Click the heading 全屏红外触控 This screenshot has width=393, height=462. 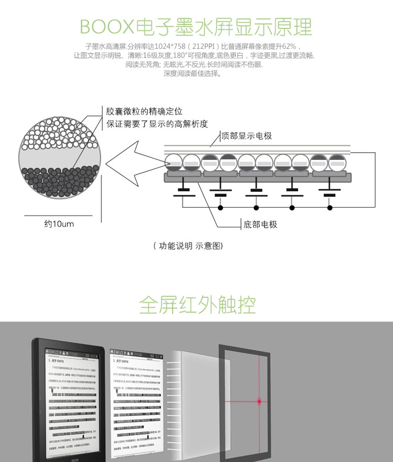coord(197,304)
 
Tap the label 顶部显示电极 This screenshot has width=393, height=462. coord(247,136)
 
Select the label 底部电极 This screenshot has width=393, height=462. coord(260,224)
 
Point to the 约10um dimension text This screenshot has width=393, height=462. coord(59,224)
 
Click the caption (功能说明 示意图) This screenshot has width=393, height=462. coord(188,245)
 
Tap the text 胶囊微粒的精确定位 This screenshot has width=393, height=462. coord(144,112)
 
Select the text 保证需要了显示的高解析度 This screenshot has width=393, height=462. coord(157,124)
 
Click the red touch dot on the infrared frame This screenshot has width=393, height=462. coord(259,402)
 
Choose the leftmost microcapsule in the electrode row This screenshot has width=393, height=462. coord(174,163)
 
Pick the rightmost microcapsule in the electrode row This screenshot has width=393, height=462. coord(337,163)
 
